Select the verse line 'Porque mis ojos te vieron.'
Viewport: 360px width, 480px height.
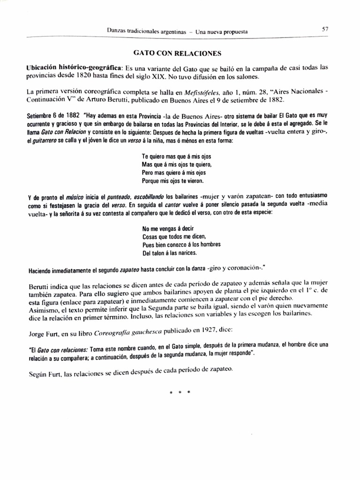pos(172,180)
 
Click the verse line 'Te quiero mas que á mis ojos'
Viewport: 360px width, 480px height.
pos(177,155)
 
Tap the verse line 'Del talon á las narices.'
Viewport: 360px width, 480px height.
pos(169,253)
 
